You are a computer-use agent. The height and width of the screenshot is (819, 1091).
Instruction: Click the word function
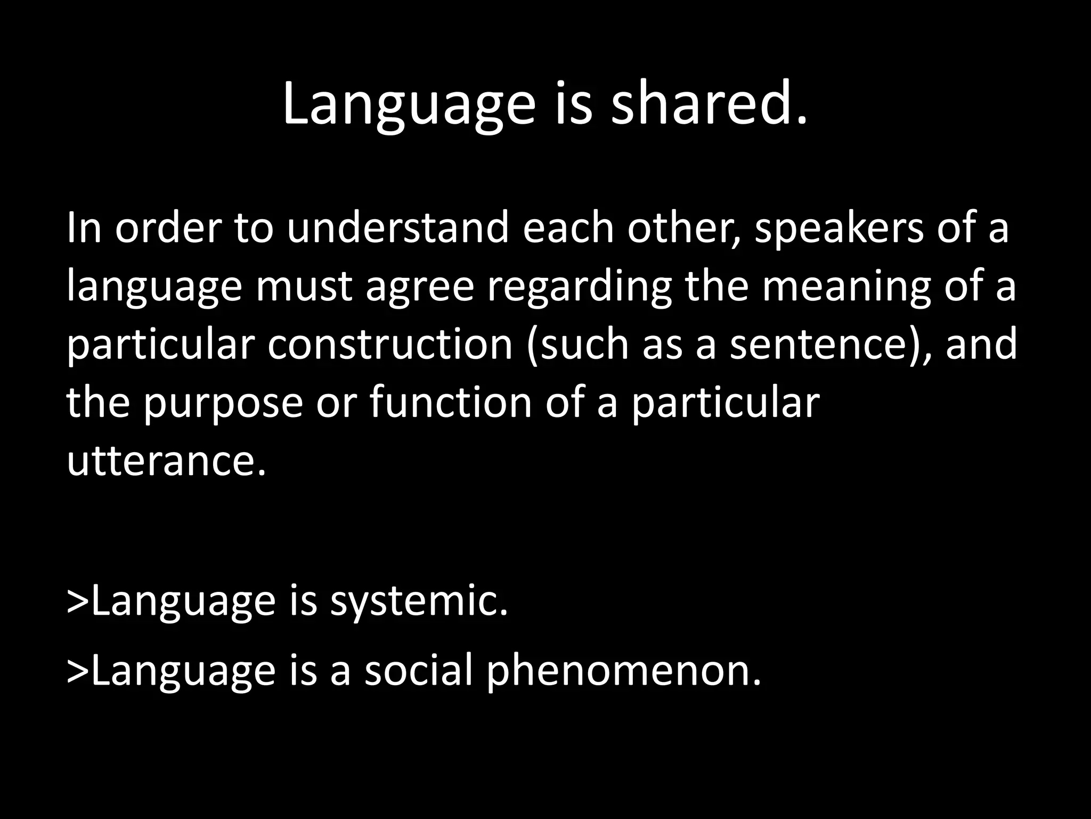451,403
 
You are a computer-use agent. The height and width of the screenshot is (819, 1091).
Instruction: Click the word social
419,670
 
